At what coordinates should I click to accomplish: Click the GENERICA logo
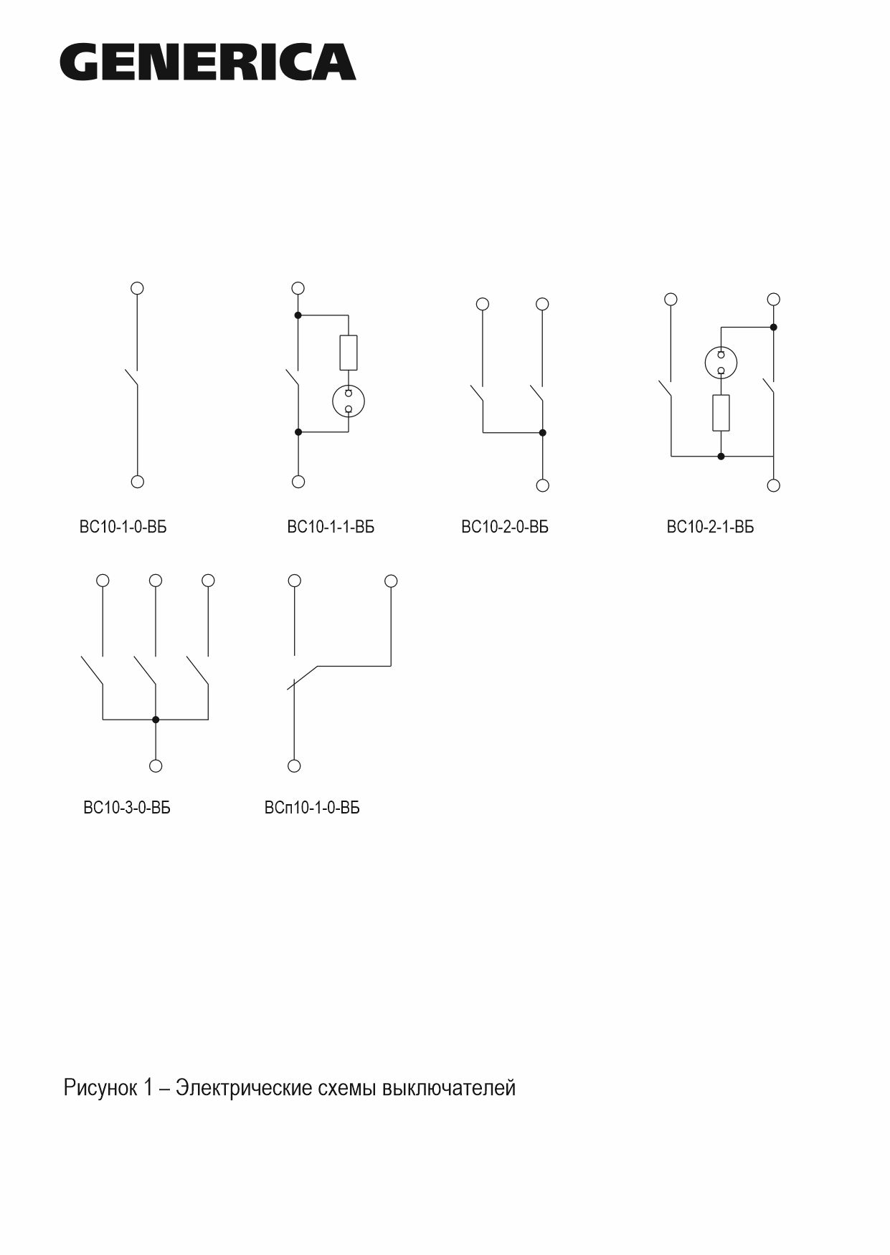coord(208,62)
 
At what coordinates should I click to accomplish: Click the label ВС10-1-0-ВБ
coord(123,528)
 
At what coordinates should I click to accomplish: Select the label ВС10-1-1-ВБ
coord(331,528)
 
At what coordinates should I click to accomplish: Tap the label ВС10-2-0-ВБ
coord(505,528)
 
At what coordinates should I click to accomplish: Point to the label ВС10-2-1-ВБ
coord(710,528)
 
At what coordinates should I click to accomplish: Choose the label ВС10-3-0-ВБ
coord(127,808)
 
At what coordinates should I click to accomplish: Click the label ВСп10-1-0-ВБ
coord(312,808)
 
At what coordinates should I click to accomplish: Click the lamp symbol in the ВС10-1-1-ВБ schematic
coord(349,401)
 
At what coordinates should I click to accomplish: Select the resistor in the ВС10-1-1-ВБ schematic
coord(349,353)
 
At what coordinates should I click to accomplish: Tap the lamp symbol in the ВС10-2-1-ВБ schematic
coord(721,362)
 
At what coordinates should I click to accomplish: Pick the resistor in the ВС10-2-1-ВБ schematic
coord(721,413)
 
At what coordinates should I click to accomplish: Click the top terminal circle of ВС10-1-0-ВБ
coord(138,288)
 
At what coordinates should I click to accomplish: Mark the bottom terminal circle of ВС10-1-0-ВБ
coord(138,482)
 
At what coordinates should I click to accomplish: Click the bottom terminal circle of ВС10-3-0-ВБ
coord(156,765)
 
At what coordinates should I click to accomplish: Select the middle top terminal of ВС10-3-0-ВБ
coord(156,580)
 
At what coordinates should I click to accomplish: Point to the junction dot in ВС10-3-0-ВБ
coord(156,719)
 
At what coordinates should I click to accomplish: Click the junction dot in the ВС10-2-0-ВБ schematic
coord(542,432)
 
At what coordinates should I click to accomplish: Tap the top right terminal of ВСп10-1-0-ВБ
coord(391,581)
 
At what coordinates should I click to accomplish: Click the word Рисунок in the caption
coord(100,1088)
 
